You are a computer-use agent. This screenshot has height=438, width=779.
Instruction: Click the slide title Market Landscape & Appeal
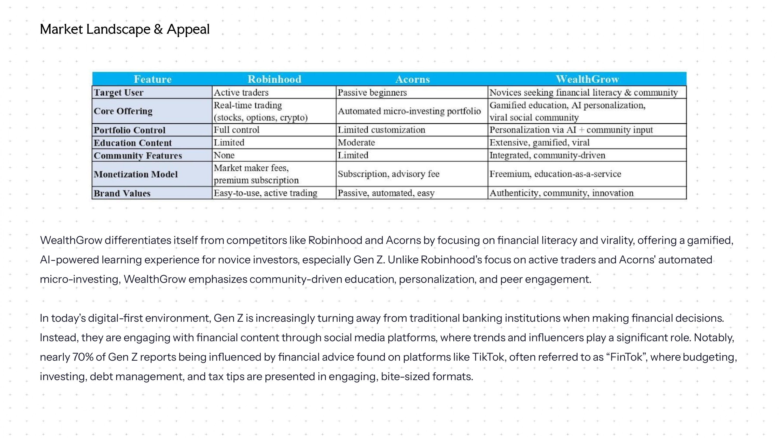(x=125, y=29)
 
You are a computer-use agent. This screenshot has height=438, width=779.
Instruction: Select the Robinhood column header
(x=274, y=79)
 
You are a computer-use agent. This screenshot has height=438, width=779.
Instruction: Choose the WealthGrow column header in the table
(x=587, y=79)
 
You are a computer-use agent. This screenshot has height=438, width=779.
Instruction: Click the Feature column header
(x=152, y=79)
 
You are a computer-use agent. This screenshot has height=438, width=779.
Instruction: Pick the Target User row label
(x=119, y=92)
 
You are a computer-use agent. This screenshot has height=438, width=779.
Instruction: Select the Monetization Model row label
(x=136, y=174)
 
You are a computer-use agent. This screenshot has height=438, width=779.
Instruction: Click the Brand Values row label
(x=122, y=193)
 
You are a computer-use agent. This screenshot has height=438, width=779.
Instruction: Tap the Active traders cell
(x=241, y=92)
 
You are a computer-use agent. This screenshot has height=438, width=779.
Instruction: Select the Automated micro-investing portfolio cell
(x=409, y=111)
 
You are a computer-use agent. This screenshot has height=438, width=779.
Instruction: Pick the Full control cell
(x=237, y=130)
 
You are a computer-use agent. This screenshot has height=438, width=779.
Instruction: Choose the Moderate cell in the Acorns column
(x=356, y=143)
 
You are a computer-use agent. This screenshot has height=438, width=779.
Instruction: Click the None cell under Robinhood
(x=224, y=155)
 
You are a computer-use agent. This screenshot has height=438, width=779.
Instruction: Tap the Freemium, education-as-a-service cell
(x=555, y=174)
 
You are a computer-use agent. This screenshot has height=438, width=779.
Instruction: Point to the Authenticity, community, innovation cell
(x=561, y=193)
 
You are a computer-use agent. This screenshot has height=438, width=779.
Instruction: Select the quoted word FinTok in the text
(x=626, y=357)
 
